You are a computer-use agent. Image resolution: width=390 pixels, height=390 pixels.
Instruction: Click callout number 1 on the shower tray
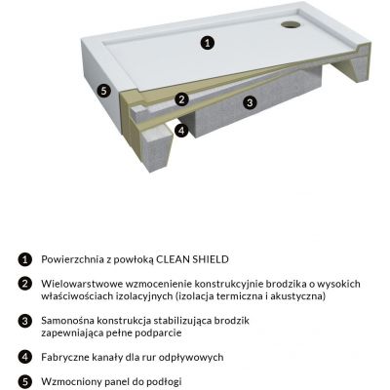point(207,42)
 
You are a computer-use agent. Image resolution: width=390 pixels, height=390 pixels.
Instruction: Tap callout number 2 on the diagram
point(180,99)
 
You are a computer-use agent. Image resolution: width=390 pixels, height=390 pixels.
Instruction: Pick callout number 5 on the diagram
point(104,91)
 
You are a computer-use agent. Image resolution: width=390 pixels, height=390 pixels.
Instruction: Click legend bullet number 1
point(24,259)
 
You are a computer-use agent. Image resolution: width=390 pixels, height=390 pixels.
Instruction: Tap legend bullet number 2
point(24,283)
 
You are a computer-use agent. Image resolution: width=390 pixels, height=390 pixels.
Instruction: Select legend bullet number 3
point(24,320)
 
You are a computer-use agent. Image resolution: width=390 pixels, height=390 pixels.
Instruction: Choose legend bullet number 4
point(24,357)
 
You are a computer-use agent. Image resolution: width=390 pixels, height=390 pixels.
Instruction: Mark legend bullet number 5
point(24,380)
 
